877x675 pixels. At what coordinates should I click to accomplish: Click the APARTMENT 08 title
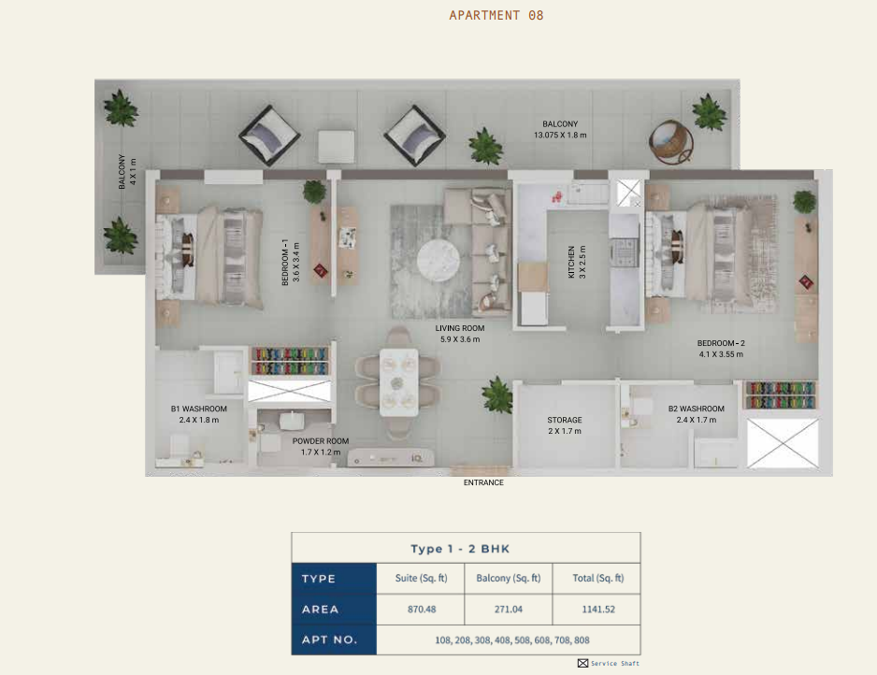coord(496,15)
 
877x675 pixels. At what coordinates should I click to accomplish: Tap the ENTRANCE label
coord(483,482)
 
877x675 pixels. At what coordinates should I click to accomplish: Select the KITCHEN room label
coord(571,262)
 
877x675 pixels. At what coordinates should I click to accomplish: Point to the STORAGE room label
coord(565,420)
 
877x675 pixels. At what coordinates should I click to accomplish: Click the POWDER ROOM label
coord(321,441)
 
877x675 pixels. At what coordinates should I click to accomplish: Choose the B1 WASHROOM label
coord(198,409)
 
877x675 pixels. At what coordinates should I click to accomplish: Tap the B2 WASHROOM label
coord(696,409)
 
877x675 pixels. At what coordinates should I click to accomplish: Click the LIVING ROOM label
coord(460,328)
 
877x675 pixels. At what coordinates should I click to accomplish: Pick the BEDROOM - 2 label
coord(721,343)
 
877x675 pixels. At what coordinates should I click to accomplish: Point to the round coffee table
coord(438,261)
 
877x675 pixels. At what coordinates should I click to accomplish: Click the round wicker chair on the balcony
coord(671,141)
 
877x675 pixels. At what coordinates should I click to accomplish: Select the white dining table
coord(399,382)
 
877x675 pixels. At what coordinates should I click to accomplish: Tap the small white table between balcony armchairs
coord(337,147)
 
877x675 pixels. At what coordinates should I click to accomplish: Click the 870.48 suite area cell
coord(421,609)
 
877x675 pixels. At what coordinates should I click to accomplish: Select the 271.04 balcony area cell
coord(508,609)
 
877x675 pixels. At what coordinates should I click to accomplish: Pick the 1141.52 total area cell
coord(597,609)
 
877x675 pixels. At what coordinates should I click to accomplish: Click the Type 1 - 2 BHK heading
coord(460,549)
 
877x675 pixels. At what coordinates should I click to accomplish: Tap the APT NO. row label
coord(329,639)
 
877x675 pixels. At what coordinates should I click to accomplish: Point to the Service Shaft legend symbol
coord(582,663)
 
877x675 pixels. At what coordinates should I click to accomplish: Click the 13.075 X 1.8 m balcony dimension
coord(560,135)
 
